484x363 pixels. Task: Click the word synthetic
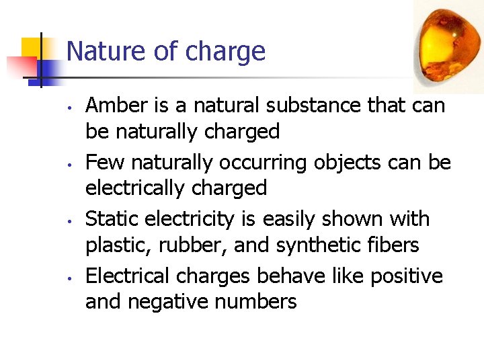(311, 245)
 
